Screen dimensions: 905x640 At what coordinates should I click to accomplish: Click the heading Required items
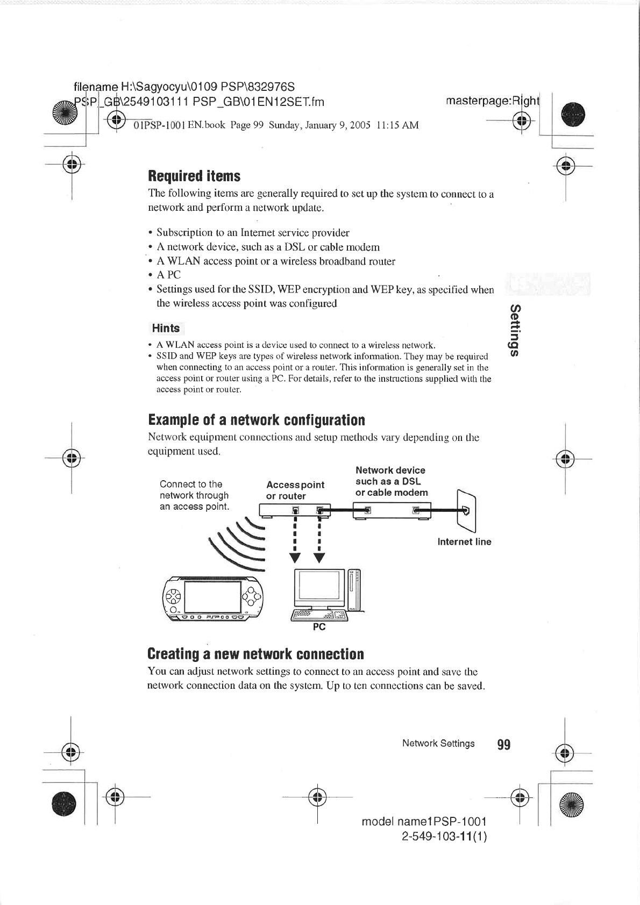tap(194, 176)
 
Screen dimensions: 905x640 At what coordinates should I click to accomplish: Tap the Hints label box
tap(166, 328)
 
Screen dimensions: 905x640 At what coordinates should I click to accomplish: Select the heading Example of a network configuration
tap(256, 419)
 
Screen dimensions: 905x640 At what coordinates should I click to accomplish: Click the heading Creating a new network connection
tap(255, 654)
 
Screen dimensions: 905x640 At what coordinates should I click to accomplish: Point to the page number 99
tap(503, 744)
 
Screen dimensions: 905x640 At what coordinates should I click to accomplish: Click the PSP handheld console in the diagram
tap(213, 597)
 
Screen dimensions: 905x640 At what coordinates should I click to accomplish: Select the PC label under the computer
tap(319, 627)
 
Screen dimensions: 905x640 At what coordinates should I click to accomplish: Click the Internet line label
tap(464, 541)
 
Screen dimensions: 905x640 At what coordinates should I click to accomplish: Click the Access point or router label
tap(295, 490)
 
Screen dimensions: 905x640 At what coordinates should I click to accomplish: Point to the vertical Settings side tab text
tap(515, 330)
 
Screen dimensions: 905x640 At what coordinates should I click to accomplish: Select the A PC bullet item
tap(168, 275)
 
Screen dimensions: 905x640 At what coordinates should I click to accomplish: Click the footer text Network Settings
tap(438, 743)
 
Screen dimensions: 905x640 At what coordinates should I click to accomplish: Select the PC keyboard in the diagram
tap(319, 616)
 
